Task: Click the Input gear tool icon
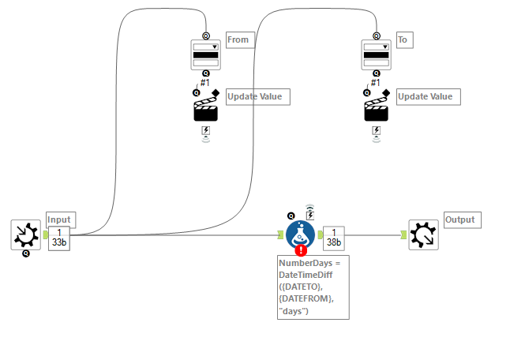25,234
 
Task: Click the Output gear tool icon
423,234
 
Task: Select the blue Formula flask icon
300,234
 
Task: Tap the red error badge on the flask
300,249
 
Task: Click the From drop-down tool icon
205,55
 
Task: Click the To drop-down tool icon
376,55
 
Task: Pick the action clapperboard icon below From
205,109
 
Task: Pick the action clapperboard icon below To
376,109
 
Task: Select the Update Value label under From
258,96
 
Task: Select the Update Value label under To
429,96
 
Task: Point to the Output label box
462,219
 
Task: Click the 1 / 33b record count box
59,236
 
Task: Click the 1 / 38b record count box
334,236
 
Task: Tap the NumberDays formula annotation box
313,287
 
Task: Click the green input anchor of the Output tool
404,234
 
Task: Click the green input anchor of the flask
280,234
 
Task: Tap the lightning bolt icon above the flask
310,214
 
